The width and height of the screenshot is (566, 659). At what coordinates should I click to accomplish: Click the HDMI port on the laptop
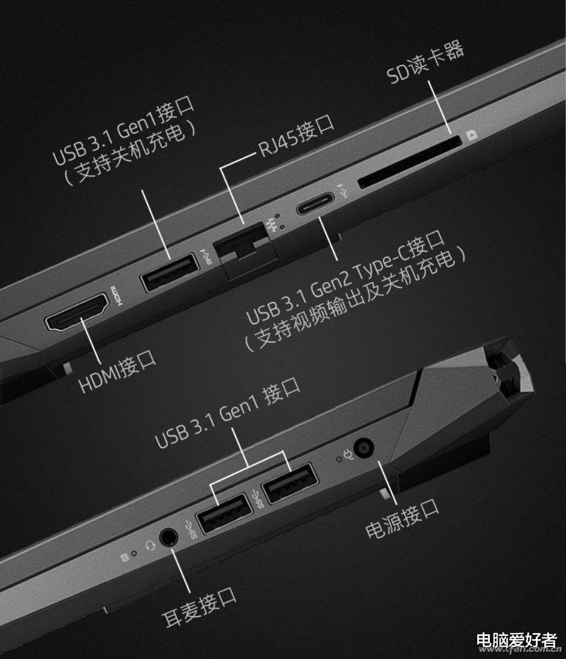[77, 312]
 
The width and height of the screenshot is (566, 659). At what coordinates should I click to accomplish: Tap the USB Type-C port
[315, 204]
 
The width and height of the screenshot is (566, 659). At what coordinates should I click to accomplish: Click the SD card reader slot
[409, 161]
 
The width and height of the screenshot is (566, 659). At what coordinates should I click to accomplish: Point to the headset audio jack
[169, 538]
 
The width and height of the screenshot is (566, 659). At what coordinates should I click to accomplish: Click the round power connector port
[364, 449]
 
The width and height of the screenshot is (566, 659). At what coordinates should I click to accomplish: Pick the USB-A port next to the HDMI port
[170, 272]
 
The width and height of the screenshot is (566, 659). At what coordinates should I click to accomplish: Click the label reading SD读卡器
[425, 62]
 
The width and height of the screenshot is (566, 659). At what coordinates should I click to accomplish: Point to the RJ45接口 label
[296, 135]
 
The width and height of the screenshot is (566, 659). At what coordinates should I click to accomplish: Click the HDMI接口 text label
[118, 371]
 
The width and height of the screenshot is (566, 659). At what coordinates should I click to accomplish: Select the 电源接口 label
[402, 519]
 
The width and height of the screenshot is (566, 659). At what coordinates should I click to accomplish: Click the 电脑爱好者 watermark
[516, 640]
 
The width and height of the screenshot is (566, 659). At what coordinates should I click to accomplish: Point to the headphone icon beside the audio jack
[150, 545]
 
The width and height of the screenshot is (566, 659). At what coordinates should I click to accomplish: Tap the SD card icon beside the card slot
[472, 135]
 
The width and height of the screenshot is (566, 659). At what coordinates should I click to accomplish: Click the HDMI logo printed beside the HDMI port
[117, 296]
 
